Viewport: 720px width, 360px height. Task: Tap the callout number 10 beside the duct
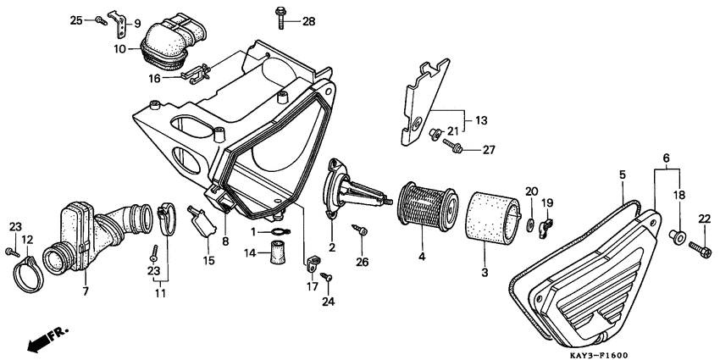pyautogui.click(x=121, y=49)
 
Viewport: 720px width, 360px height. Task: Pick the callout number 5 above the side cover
pyautogui.click(x=622, y=174)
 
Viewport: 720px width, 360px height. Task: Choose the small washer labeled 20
pyautogui.click(x=529, y=224)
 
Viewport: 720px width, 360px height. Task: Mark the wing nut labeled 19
pyautogui.click(x=547, y=225)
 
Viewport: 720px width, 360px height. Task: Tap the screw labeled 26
pyautogui.click(x=361, y=230)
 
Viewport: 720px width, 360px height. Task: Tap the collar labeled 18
pyautogui.click(x=679, y=235)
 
